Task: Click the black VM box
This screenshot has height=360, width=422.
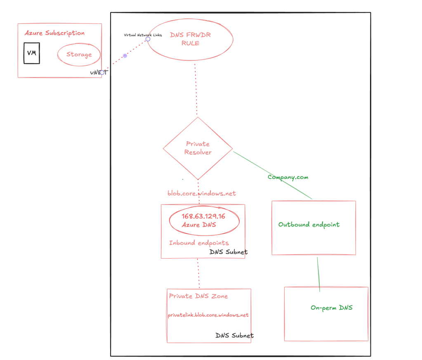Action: [32, 53]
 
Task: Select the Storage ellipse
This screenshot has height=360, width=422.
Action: [79, 54]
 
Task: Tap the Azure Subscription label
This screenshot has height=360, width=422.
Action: [54, 33]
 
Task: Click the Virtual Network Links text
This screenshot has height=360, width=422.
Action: [143, 35]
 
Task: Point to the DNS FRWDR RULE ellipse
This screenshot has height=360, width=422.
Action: [190, 39]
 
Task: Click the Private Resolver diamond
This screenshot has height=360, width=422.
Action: [198, 148]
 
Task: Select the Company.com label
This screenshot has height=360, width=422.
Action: [288, 177]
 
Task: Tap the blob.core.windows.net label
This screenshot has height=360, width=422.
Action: [202, 193]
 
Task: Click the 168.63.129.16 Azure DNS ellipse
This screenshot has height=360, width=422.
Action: [204, 221]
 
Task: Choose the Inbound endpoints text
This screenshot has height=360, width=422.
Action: [199, 243]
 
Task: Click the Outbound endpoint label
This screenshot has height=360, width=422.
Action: [309, 225]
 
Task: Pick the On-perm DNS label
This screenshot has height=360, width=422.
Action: [332, 308]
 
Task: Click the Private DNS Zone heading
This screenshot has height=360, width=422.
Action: [198, 296]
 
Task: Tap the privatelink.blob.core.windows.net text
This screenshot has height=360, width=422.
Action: [208, 315]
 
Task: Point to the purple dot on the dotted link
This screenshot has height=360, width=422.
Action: [125, 56]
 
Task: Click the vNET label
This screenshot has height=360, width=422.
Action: [99, 72]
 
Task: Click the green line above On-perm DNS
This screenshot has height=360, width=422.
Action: [318, 274]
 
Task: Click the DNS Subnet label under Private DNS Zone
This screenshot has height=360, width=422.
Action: [234, 336]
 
